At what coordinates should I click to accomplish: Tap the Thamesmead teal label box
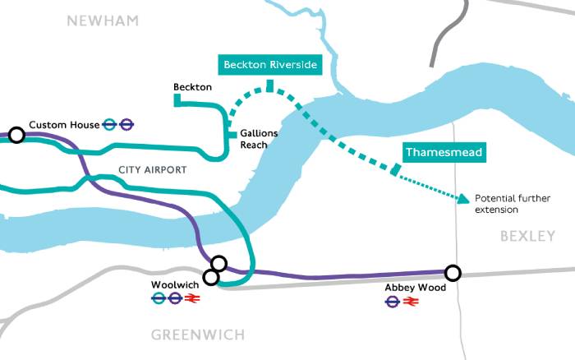click(444, 152)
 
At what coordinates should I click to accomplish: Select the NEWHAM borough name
click(103, 20)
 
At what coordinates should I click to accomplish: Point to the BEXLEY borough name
click(527, 236)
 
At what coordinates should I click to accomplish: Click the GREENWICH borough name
click(198, 335)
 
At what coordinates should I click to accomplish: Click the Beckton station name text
click(193, 86)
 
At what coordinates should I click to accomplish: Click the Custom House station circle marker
click(16, 135)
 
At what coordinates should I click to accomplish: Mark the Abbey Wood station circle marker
click(452, 273)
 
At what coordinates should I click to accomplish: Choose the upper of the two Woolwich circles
click(218, 264)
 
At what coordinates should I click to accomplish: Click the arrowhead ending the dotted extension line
click(465, 198)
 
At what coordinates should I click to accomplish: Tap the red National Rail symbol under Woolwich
click(195, 300)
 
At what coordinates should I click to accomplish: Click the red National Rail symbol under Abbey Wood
click(412, 302)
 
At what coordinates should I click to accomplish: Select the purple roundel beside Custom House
click(126, 125)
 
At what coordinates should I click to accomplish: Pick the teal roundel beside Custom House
click(110, 125)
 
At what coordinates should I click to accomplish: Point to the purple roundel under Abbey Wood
click(393, 302)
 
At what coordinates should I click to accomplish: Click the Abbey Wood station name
click(415, 288)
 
